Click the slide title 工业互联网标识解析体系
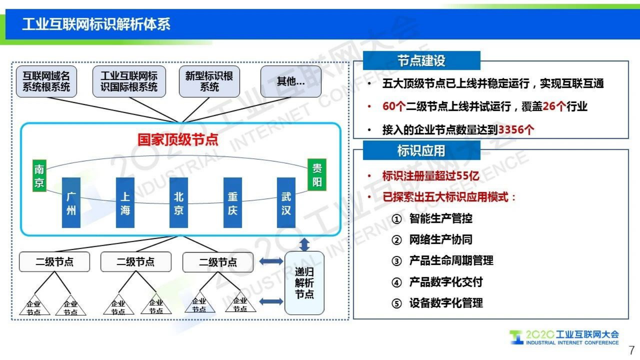[x=96, y=24]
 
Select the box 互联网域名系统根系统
[x=46, y=82]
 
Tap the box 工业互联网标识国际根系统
[x=129, y=82]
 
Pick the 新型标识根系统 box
[x=209, y=82]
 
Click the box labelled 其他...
[x=291, y=82]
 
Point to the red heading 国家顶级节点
[x=178, y=140]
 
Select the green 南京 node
[x=39, y=176]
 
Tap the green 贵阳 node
[x=317, y=175]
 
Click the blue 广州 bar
[x=71, y=203]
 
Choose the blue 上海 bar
[x=125, y=203]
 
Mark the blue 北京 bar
[x=179, y=203]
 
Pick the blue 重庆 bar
[x=233, y=203]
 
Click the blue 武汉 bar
[x=286, y=203]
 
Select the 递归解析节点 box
[x=304, y=283]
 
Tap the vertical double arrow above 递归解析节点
[x=304, y=244]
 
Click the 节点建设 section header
[x=421, y=61]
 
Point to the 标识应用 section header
[x=421, y=151]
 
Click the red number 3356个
[x=516, y=130]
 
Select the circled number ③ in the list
[x=397, y=261]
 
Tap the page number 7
[x=632, y=350]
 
